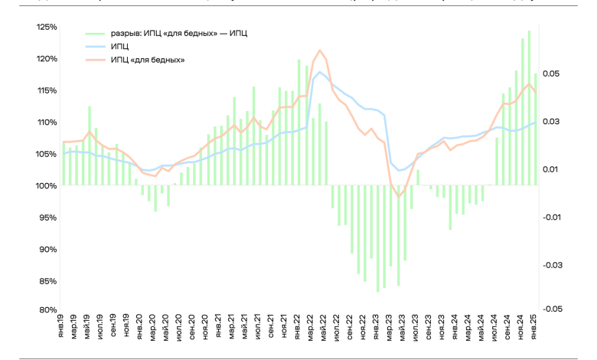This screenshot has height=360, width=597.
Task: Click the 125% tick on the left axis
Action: [x=45, y=27]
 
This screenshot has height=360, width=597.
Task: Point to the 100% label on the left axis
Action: [x=45, y=185]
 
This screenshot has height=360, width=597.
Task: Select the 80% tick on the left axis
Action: [x=47, y=310]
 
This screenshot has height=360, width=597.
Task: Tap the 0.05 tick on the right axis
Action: [x=553, y=74]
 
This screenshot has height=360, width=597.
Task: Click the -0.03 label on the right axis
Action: [x=553, y=265]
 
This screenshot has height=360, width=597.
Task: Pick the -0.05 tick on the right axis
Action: [x=553, y=309]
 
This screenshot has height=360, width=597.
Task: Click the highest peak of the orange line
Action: [x=319, y=51]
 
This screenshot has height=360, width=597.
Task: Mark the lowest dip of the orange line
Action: [x=398, y=197]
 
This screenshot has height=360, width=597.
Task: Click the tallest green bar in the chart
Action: [x=529, y=31]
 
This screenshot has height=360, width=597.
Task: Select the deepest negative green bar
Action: [x=377, y=292]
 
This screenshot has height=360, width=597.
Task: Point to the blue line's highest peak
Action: [x=319, y=73]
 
